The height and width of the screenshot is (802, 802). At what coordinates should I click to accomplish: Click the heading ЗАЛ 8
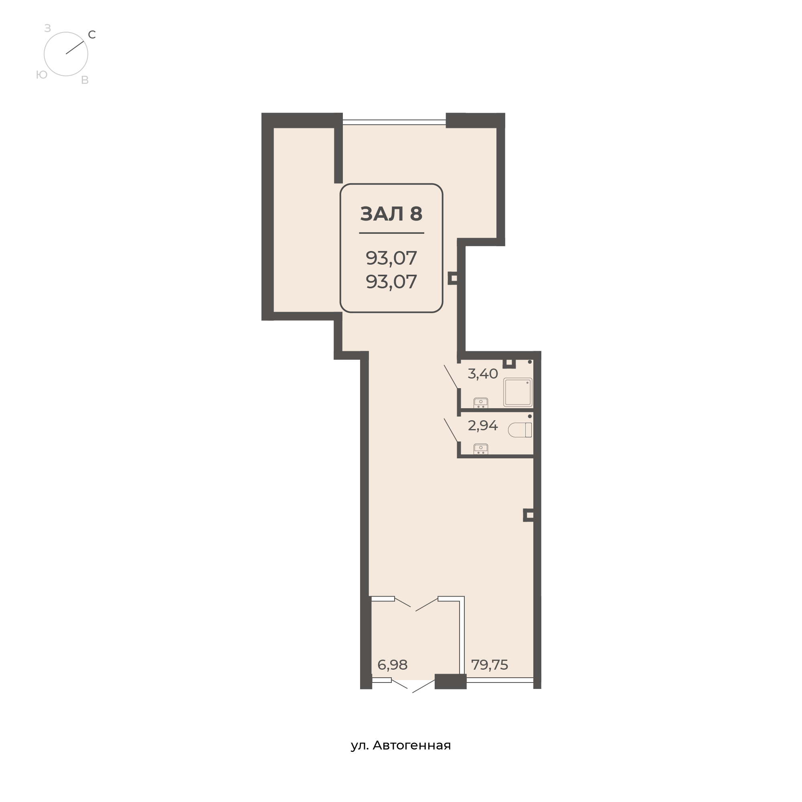(x=391, y=214)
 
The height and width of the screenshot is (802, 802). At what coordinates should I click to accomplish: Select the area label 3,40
(x=482, y=374)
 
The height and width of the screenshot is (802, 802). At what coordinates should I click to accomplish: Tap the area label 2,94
(x=482, y=425)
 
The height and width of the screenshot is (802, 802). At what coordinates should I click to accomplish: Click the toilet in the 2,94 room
(x=520, y=430)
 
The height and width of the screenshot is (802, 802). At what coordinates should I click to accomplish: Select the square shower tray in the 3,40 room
(x=518, y=392)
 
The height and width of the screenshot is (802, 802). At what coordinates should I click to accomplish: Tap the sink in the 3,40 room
(x=481, y=403)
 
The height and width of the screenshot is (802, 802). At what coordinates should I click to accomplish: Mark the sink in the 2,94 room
(x=481, y=449)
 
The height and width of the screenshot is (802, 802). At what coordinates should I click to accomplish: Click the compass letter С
(x=92, y=35)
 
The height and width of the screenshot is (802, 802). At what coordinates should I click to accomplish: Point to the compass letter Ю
(x=42, y=75)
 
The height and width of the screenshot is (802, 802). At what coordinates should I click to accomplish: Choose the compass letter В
(x=85, y=81)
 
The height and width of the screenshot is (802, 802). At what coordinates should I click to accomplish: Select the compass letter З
(x=48, y=28)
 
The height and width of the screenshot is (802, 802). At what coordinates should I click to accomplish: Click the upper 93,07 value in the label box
(x=391, y=258)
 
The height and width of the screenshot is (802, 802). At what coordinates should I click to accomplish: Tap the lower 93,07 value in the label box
(x=391, y=282)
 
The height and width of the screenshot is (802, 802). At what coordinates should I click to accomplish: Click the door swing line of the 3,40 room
(x=451, y=377)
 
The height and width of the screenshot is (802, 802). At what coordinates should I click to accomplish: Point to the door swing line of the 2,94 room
(x=451, y=430)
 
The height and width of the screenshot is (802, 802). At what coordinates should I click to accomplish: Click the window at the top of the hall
(x=394, y=122)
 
